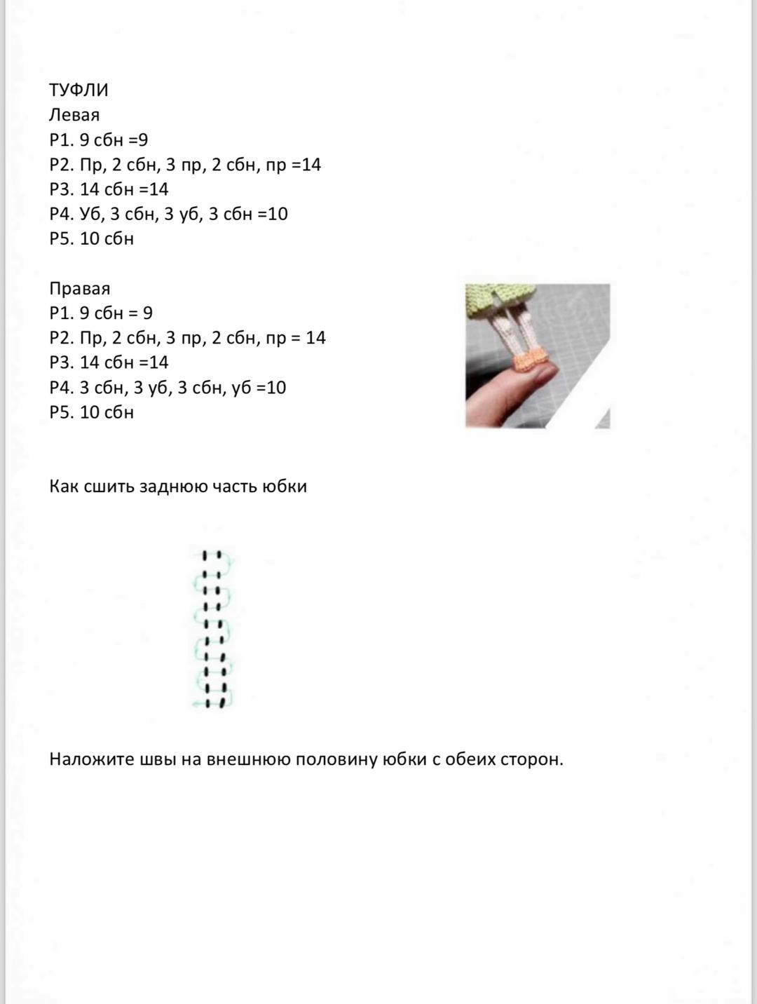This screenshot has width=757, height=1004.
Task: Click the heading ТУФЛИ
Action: click(x=79, y=90)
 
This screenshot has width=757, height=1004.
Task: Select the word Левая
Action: click(x=74, y=115)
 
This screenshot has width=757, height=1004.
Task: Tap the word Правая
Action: click(x=80, y=289)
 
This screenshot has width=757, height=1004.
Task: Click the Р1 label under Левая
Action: click(x=62, y=140)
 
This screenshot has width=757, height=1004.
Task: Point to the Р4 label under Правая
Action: click(x=62, y=388)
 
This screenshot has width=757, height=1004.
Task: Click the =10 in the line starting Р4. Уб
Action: click(x=273, y=214)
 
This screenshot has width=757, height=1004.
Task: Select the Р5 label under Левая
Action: click(x=62, y=239)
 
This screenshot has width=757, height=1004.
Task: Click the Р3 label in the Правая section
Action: click(x=62, y=362)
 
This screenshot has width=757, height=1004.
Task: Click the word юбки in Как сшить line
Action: click(x=285, y=487)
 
